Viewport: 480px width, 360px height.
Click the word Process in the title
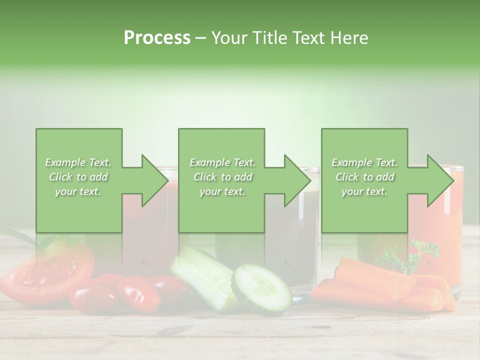tap(157, 38)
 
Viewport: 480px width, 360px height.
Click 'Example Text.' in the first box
tap(78, 162)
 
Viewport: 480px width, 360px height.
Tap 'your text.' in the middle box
tap(222, 191)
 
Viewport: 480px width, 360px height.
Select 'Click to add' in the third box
tap(364, 177)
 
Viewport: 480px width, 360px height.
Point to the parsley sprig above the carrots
tap(408, 256)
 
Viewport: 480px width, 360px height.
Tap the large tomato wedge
tap(47, 270)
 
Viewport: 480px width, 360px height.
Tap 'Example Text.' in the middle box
tap(222, 162)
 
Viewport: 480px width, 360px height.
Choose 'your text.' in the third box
tap(364, 191)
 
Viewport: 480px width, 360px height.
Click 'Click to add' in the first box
tap(78, 177)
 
